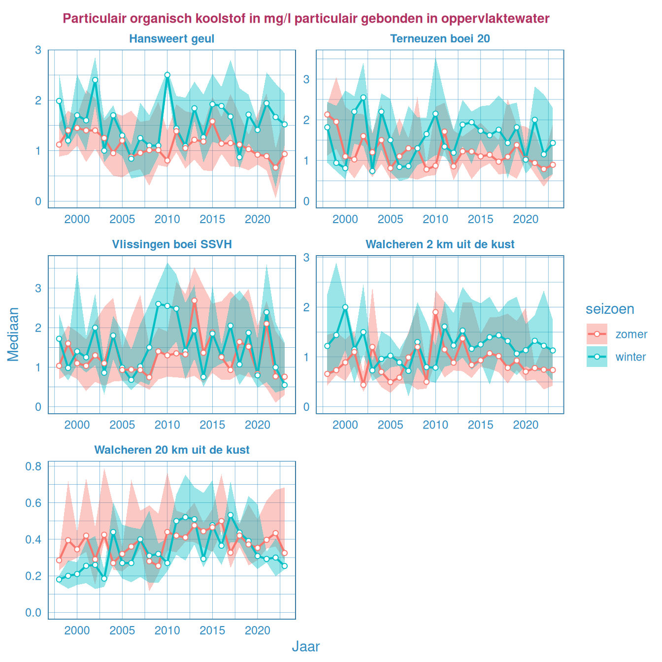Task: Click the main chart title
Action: pyautogui.click(x=306, y=19)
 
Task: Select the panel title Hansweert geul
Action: pyautogui.click(x=171, y=39)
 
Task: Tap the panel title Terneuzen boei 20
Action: pyautogui.click(x=440, y=39)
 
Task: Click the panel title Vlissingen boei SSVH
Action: pyautogui.click(x=171, y=244)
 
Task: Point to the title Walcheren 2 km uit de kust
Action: pyautogui.click(x=440, y=244)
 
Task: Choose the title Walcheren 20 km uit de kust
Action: pyautogui.click(x=171, y=450)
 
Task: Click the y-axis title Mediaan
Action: pyautogui.click(x=13, y=334)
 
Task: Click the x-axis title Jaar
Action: pyautogui.click(x=306, y=646)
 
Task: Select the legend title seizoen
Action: pyautogui.click(x=610, y=309)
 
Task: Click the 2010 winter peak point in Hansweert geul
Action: pyautogui.click(x=167, y=75)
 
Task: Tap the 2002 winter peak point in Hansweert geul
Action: pyautogui.click(x=95, y=80)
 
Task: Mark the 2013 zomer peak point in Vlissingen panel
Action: pyautogui.click(x=195, y=300)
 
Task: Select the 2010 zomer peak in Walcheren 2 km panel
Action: pyautogui.click(x=435, y=312)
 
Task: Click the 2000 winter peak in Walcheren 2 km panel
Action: pyautogui.click(x=345, y=307)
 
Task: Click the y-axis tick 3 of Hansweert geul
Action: pyautogui.click(x=38, y=50)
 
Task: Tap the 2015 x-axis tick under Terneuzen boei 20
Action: pyautogui.click(x=481, y=219)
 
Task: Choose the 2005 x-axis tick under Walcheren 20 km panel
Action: pyautogui.click(x=122, y=630)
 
